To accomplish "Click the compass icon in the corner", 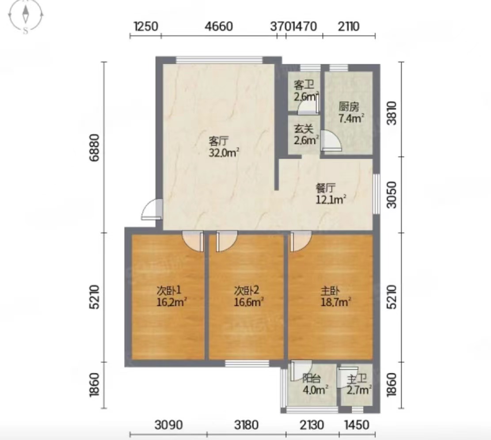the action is (26, 15).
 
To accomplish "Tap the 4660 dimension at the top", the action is (219, 27).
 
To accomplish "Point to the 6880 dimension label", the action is (94, 148).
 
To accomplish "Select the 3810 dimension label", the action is (392, 113).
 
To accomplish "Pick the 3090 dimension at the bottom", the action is (168, 425).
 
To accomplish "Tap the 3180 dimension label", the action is (246, 425).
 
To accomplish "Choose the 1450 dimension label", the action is (357, 425).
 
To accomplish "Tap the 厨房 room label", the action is (349, 107).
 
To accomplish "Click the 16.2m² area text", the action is (171, 302).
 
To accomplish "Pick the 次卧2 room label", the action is (247, 291).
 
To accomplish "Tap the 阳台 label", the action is (312, 379).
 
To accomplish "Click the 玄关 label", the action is (304, 129).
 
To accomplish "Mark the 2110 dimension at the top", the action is (349, 27).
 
